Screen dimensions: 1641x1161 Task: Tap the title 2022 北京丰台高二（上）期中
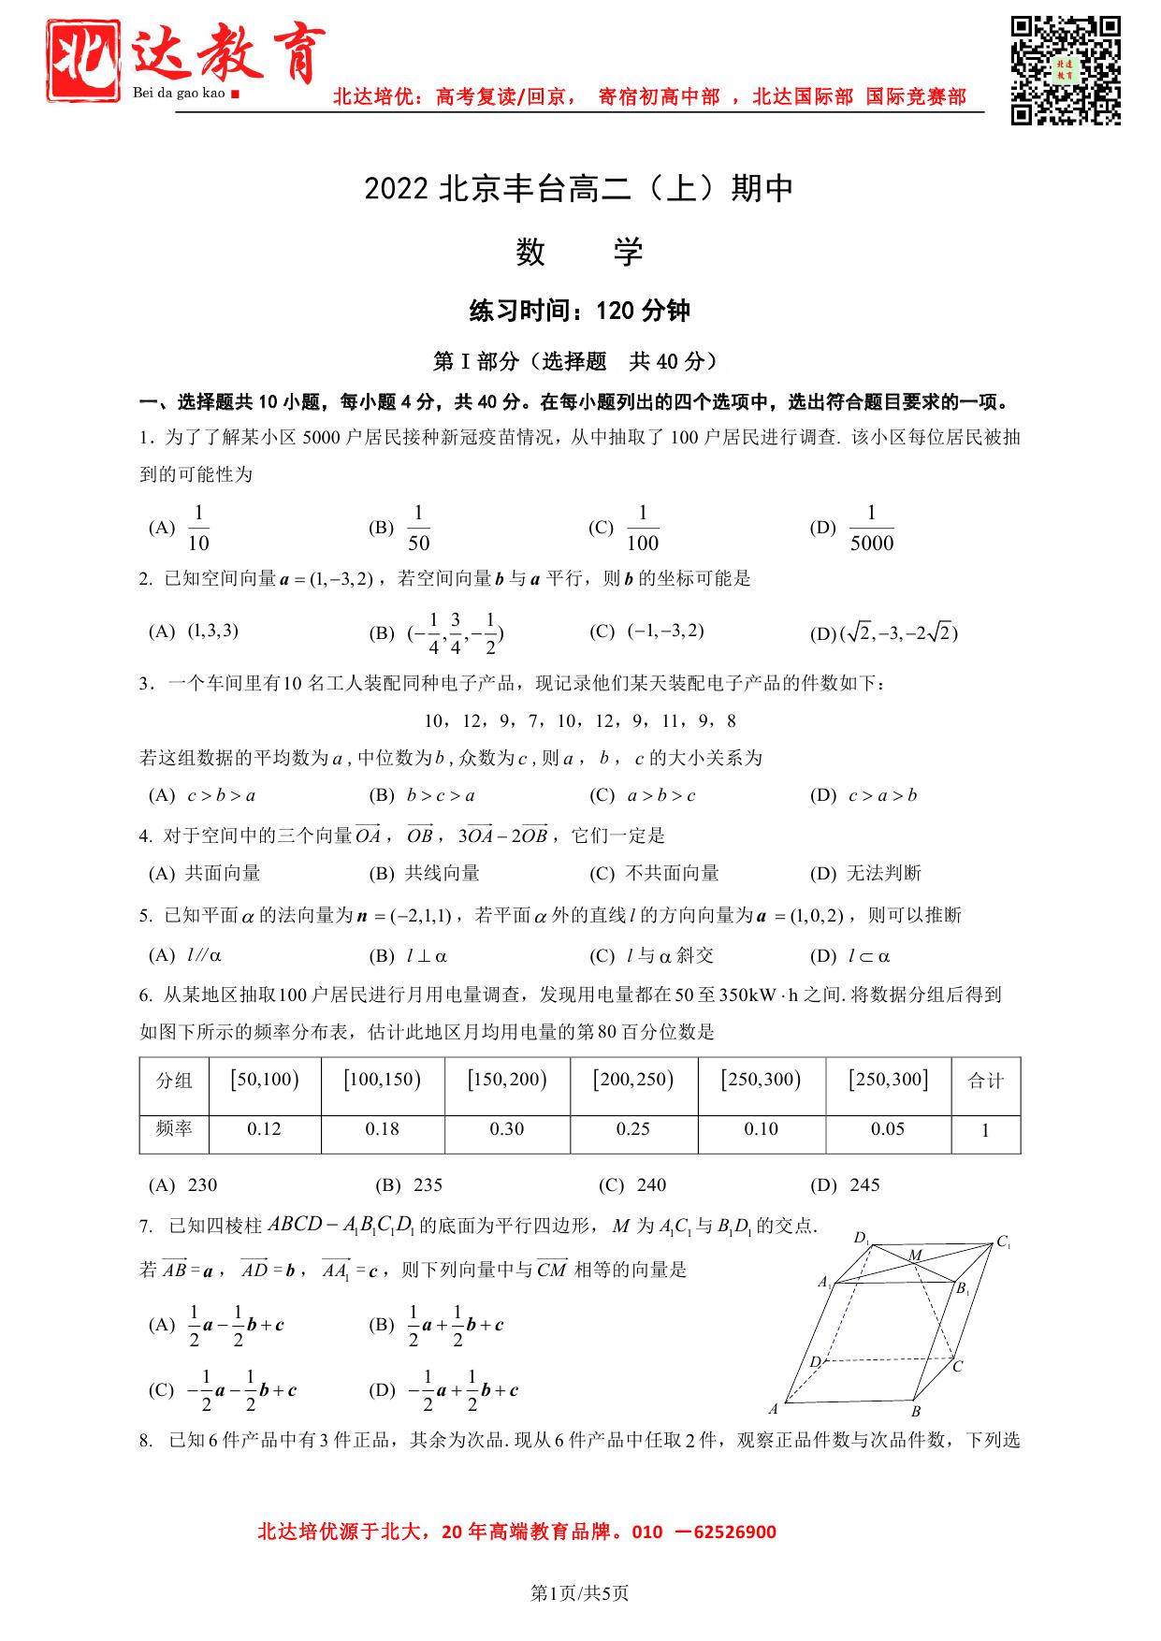[579, 189]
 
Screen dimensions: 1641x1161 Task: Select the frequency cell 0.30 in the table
[507, 1129]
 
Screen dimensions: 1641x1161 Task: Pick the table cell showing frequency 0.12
[264, 1129]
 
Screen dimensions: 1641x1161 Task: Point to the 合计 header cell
[985, 1082]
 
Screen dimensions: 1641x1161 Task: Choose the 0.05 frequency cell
[887, 1129]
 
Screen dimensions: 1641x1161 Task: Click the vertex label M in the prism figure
[915, 1255]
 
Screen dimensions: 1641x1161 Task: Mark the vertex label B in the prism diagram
[916, 1411]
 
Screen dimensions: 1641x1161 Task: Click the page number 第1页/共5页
[579, 1593]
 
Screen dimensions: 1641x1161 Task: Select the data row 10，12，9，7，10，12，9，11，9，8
[579, 721]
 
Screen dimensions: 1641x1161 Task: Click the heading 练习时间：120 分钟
[579, 311]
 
